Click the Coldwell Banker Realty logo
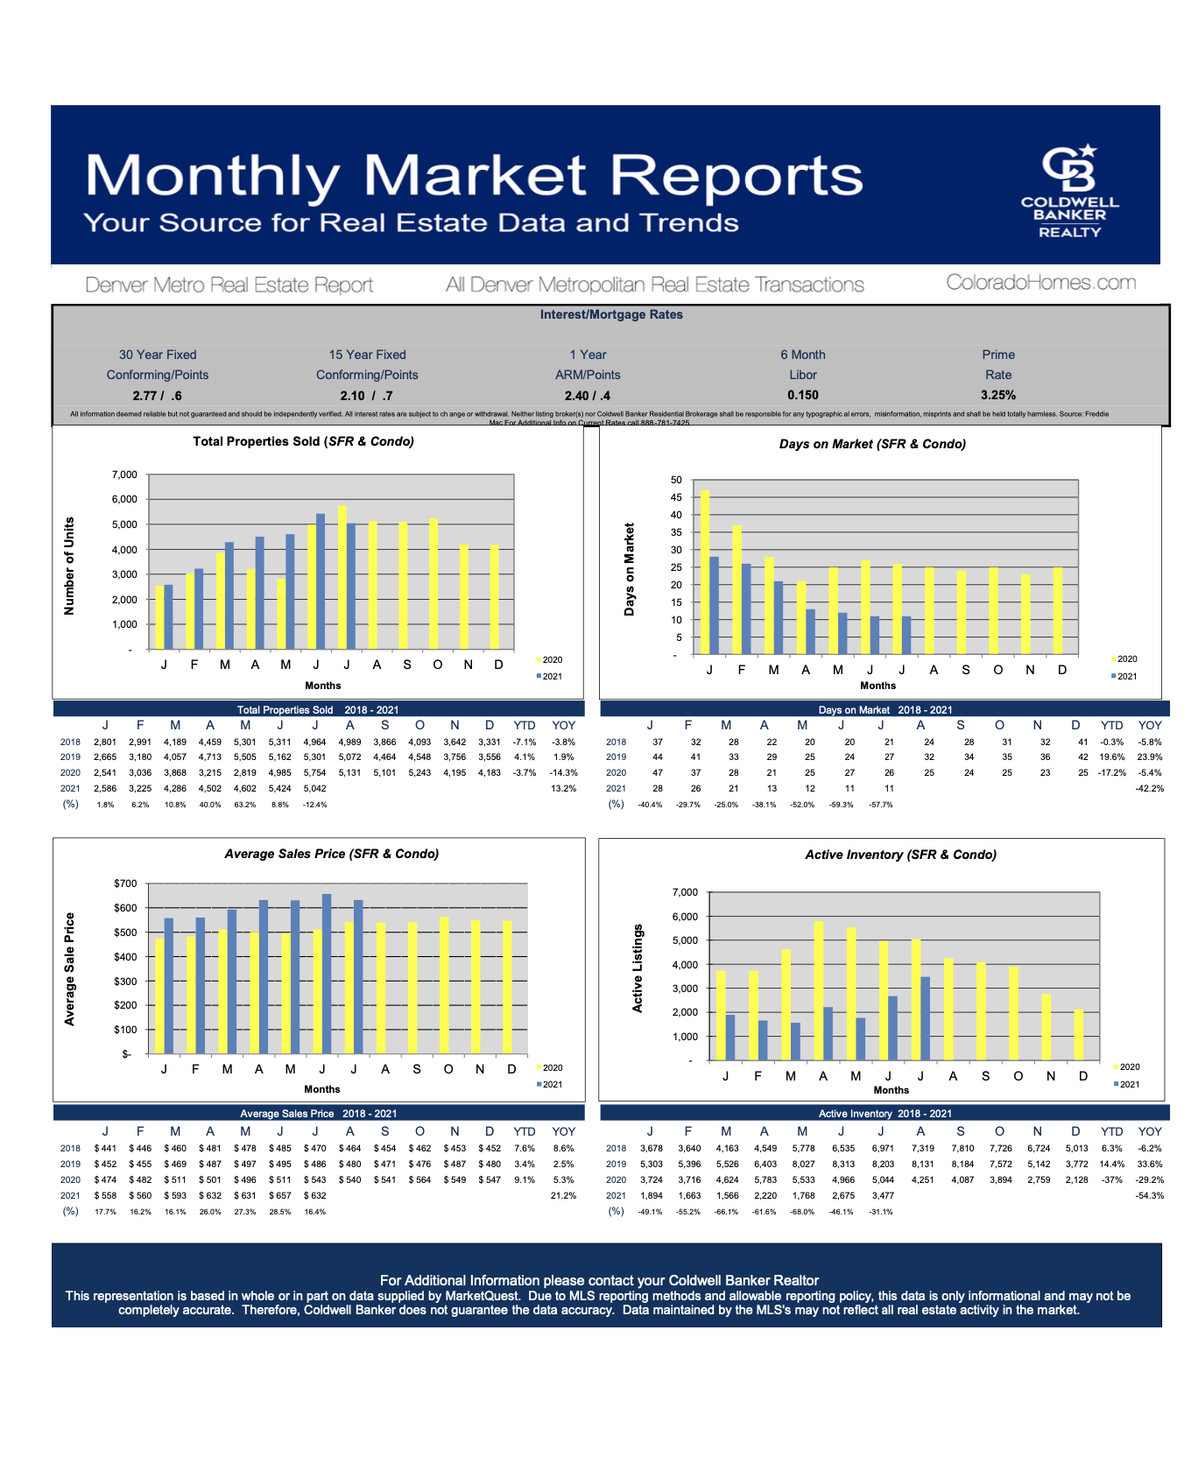click(1069, 191)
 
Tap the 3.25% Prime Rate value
click(997, 395)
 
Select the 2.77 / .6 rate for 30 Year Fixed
click(158, 396)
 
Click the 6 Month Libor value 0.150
click(802, 395)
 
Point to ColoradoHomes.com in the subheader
click(1040, 283)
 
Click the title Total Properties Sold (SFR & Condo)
click(303, 441)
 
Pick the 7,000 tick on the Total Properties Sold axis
click(124, 475)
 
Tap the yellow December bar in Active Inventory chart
click(1079, 1035)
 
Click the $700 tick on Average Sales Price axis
click(125, 883)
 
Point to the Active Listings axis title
click(638, 968)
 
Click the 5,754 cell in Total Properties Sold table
click(314, 773)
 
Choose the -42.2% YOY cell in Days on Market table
click(1149, 789)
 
